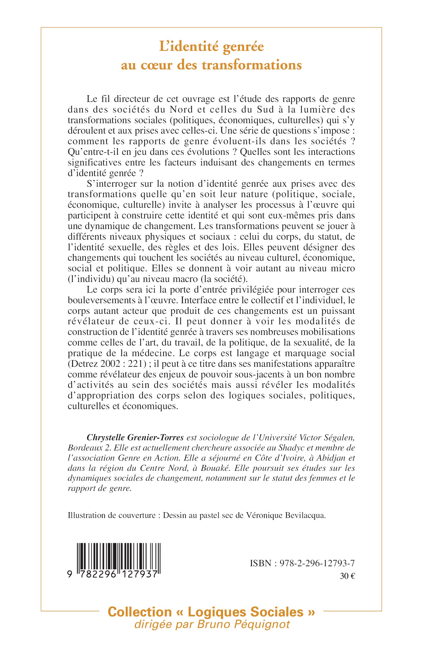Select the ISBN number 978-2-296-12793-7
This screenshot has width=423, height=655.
(x=317, y=563)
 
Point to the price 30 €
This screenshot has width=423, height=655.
(x=347, y=576)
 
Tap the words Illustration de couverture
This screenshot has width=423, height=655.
(x=112, y=515)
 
